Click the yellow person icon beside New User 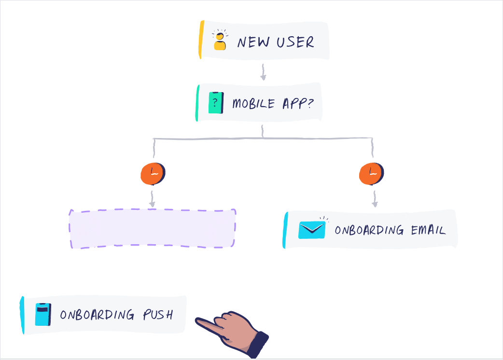coord(220,42)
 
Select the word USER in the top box coord(295,42)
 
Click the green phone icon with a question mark coord(216,103)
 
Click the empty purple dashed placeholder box coord(153,229)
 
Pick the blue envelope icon coord(312,230)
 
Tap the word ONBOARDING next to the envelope coord(369,230)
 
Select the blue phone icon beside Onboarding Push coord(43,314)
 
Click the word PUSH coord(157,315)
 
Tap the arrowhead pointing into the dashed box coord(152,205)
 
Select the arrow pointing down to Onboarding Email coord(375,199)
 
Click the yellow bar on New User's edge coord(201,40)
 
